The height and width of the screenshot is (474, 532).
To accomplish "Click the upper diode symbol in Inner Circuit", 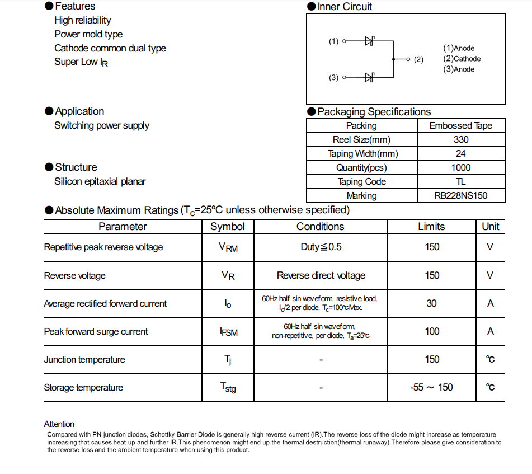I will pos(369,41).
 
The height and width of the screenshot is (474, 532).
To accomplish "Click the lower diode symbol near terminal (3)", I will pos(369,77).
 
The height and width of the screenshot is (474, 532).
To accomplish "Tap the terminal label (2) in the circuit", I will pos(418,59).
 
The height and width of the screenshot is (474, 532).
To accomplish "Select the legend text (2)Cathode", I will pos(462,59).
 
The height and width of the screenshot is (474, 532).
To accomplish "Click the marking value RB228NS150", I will pos(461,196).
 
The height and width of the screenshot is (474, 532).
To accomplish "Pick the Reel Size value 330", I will pos(461,139).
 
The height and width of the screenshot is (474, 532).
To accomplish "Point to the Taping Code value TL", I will pos(461,181).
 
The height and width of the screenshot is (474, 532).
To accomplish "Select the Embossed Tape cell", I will pos(461,125).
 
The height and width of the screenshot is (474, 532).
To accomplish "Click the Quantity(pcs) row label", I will pos(361,167).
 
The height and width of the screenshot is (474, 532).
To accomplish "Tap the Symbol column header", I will pos(228,227).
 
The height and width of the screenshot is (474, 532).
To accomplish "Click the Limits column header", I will pos(431,227).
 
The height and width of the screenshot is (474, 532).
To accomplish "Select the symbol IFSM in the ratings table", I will pos(228,332).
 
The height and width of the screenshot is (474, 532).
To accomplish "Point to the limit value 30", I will pos(431,303).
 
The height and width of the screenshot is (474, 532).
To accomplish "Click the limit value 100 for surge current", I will pos(432,331).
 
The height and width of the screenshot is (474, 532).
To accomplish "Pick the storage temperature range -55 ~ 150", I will pos(431,387).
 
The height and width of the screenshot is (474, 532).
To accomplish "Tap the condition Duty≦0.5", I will pos(321,247).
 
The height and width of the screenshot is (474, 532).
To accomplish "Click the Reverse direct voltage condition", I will pos(321,275).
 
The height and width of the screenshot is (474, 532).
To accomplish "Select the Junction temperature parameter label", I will pos(84,359).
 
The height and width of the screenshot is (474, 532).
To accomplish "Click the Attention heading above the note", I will pos(59,424).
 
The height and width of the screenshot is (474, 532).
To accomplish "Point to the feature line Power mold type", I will pos(88,34).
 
